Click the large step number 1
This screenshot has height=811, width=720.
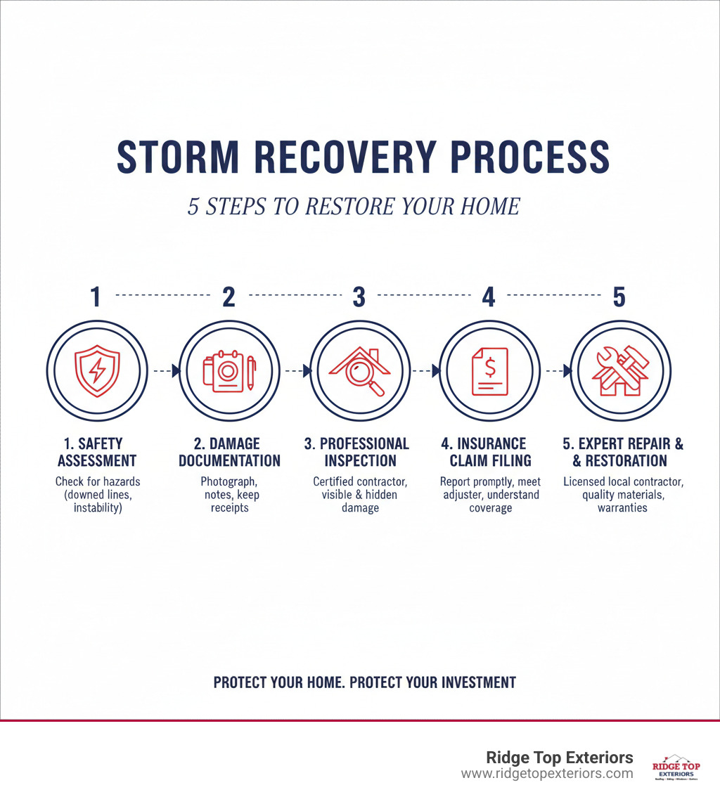point(96,297)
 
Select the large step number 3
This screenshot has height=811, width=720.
point(359,297)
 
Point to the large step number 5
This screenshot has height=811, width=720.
point(619,297)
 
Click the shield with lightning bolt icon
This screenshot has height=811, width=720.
point(97,370)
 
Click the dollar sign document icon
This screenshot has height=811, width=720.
point(489,370)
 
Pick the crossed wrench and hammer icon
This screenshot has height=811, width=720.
point(619,370)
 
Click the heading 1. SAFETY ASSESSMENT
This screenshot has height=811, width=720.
point(96,453)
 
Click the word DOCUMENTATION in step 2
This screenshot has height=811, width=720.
point(229,461)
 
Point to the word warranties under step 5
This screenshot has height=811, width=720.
point(623,507)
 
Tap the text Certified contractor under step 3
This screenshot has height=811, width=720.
point(359,482)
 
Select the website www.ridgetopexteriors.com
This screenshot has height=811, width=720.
point(547,774)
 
